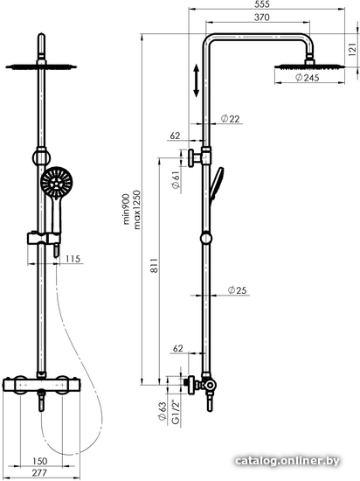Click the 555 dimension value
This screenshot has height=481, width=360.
click(262, 4)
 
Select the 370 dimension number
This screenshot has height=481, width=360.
click(262, 17)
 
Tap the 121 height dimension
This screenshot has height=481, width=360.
click(353, 49)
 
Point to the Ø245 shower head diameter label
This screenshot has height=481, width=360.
click(307, 78)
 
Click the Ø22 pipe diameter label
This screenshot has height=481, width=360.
click(230, 118)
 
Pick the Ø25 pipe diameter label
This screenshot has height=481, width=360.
click(237, 289)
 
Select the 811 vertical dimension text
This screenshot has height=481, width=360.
click(154, 265)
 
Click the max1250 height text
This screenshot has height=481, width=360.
click(137, 210)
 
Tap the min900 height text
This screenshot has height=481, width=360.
click(127, 210)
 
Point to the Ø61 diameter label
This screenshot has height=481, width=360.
click(176, 180)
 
